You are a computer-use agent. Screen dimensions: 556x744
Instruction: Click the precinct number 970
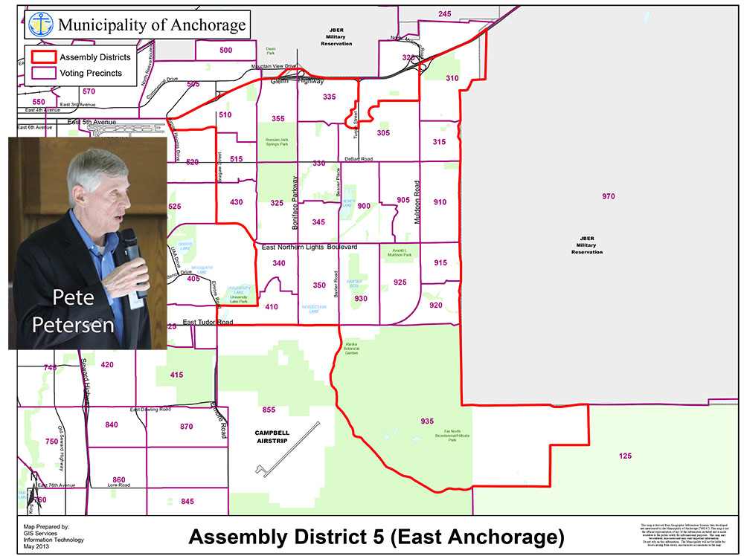[x=609, y=196]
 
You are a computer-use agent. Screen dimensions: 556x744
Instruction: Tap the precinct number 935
[x=426, y=421]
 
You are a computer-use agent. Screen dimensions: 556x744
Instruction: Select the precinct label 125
[x=625, y=455]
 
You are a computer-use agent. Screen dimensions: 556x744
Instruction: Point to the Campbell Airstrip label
[x=272, y=436]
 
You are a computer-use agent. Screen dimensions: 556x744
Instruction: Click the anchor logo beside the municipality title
[x=40, y=24]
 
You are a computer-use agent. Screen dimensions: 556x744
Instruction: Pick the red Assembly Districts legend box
[x=42, y=57]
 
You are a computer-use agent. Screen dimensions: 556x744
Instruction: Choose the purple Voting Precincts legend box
[x=42, y=73]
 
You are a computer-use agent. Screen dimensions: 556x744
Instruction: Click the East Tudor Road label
[x=208, y=322]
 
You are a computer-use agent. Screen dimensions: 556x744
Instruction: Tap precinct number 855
[x=269, y=410]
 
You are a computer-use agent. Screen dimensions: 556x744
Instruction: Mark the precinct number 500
[x=226, y=50]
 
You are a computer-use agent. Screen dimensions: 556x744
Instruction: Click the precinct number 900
[x=364, y=206]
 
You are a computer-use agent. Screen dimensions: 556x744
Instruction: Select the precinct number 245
[x=445, y=14]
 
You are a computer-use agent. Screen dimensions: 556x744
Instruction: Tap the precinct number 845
[x=187, y=501]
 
